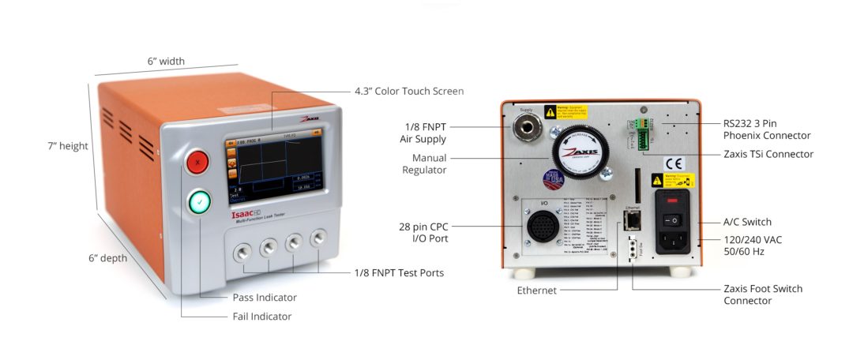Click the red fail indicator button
click(197, 162)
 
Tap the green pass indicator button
click(199, 202)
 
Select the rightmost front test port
click(319, 236)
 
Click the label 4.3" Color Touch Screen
click(409, 92)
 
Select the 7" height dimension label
click(68, 146)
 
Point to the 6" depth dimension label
click(109, 258)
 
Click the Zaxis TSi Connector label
click(768, 154)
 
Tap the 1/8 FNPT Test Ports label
click(399, 273)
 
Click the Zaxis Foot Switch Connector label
click(763, 294)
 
